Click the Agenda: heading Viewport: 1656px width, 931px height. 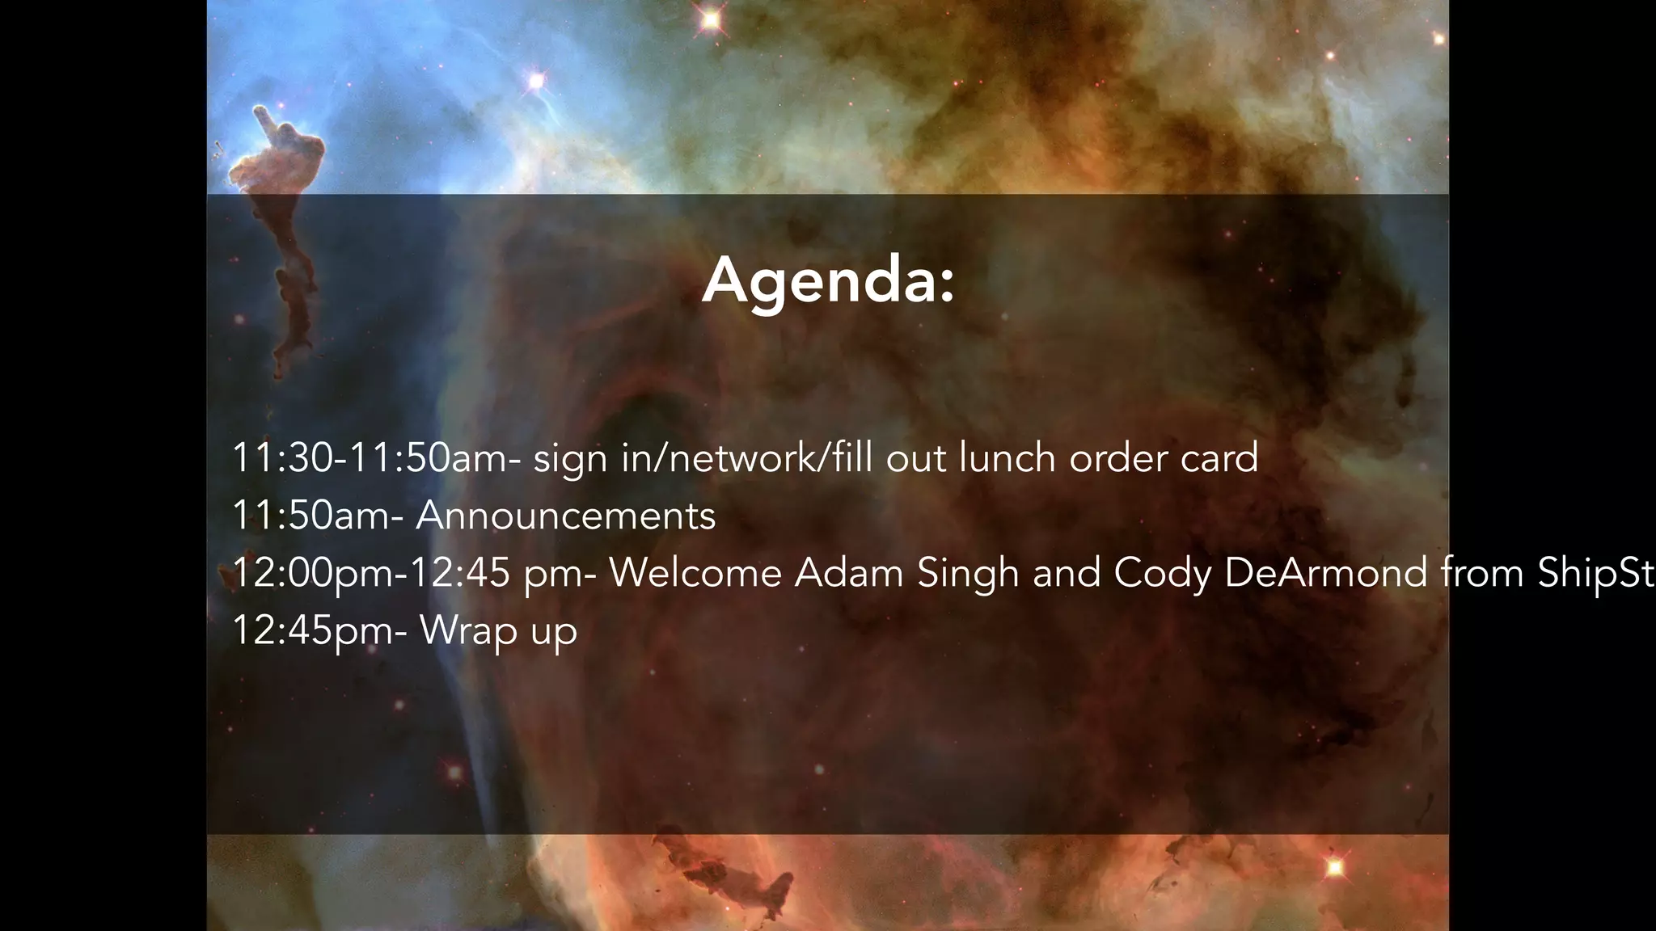coord(828,280)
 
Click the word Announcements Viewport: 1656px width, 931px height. coord(565,516)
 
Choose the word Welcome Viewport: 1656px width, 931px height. coord(695,573)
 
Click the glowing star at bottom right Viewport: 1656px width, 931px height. coord(1335,868)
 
